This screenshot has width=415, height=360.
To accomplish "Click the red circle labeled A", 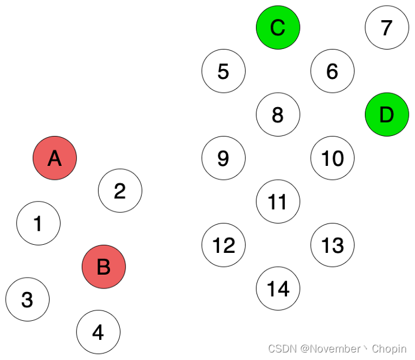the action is (x=55, y=158).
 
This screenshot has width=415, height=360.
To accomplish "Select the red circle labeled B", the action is (x=104, y=267).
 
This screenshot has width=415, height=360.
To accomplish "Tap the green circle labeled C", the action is (x=278, y=27).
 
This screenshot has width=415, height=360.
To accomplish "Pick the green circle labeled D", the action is (x=387, y=115).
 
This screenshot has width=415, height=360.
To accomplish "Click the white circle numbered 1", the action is (x=39, y=223).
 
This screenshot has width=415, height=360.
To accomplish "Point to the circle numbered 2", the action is (x=120, y=191).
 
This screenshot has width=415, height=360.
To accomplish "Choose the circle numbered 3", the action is (x=28, y=300).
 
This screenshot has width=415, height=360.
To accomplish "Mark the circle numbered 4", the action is (x=99, y=332).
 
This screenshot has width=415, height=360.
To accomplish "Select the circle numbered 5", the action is (x=224, y=71).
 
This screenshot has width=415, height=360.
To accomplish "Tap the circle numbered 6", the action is (x=333, y=71).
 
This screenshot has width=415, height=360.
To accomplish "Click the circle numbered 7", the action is (x=387, y=27).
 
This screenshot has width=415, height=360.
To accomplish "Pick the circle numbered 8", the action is (x=278, y=115).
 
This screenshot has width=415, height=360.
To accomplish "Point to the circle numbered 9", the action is (x=224, y=158).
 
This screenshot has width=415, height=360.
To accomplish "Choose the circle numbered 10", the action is (x=333, y=158).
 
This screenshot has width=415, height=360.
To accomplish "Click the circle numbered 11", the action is (x=278, y=202).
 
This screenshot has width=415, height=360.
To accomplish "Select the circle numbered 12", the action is (x=224, y=245).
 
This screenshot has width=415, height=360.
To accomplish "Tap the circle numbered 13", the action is (x=333, y=245).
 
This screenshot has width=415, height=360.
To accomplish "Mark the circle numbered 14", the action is (x=278, y=289).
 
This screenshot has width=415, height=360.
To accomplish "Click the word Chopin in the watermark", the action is (x=389, y=349).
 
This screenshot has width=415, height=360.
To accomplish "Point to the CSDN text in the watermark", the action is (x=281, y=349).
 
